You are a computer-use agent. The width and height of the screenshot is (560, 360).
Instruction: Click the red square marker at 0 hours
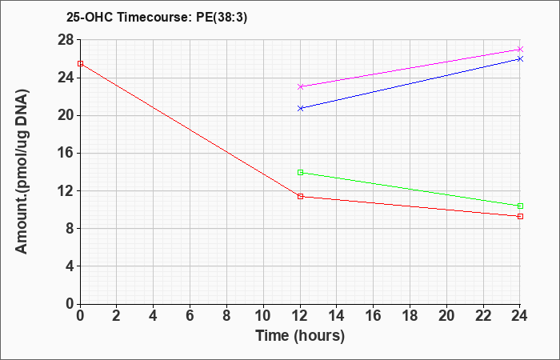[80, 63]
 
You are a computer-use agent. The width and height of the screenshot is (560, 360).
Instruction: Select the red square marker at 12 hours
[300, 197]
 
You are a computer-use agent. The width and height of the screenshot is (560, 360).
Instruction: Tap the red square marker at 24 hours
[520, 217]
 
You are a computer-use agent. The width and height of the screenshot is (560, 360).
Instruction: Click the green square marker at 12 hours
[300, 173]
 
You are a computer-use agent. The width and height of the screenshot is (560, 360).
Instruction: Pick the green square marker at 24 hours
[520, 206]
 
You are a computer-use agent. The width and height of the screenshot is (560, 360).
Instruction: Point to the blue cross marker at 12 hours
[300, 108]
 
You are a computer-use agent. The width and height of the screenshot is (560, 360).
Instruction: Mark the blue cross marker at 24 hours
[520, 59]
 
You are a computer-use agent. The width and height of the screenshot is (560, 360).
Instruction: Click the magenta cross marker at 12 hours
[300, 86]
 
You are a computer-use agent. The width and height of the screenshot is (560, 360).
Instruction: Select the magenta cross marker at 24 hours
[520, 50]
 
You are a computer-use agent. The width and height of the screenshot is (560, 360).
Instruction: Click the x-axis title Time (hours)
[300, 336]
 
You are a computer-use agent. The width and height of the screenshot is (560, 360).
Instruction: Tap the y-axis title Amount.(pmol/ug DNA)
[22, 171]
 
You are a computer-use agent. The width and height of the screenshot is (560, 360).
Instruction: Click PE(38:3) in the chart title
[222, 18]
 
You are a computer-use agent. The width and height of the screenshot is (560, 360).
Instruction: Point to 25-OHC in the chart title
[90, 18]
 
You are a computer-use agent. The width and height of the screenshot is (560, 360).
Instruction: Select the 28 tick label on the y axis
[66, 40]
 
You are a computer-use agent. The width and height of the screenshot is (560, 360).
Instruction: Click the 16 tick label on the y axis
[66, 154]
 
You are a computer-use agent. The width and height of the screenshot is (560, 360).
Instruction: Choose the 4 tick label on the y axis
[70, 266]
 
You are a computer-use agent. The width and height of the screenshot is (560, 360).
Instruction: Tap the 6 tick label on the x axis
[190, 316]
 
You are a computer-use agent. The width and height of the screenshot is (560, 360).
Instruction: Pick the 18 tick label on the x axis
[410, 316]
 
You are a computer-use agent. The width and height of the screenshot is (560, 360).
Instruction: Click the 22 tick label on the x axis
[483, 316]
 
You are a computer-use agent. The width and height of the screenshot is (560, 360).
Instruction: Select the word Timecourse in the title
[155, 18]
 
